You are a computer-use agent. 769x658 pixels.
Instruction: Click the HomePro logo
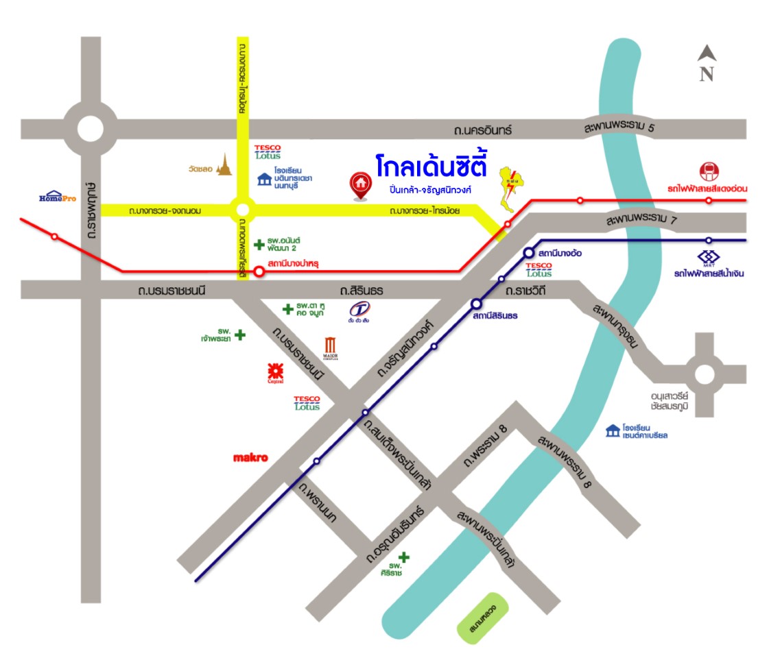58,197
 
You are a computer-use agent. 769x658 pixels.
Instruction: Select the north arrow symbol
707,62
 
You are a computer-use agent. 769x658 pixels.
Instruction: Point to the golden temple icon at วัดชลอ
224,165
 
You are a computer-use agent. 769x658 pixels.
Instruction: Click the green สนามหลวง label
484,618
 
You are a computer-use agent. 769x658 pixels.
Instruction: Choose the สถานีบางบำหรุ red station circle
259,271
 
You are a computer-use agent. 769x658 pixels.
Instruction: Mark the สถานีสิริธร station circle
476,304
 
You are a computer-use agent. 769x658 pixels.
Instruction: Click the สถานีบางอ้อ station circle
530,252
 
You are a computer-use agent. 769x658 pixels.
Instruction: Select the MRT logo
708,259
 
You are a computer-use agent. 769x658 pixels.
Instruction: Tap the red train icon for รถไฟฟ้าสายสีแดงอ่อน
708,171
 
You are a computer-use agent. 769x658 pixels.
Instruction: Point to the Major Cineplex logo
331,348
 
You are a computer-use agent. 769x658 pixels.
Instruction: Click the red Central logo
276,374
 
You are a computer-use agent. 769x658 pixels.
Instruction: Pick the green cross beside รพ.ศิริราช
404,557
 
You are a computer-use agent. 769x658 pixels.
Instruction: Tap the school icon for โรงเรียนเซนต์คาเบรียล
613,430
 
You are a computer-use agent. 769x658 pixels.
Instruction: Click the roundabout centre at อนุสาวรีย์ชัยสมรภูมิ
705,375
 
